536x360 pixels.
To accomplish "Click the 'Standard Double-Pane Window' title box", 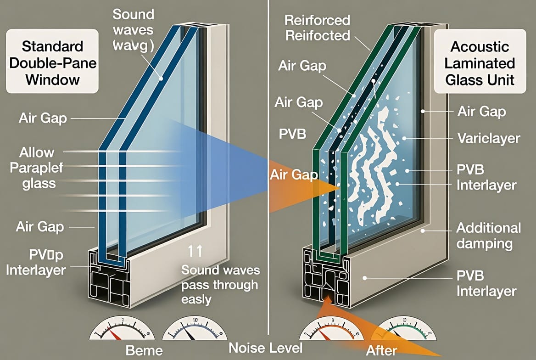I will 52,62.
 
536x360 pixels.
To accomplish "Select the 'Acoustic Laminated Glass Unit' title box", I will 480,62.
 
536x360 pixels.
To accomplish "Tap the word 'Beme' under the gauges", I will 144,351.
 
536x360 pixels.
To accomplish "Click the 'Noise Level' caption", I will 266,347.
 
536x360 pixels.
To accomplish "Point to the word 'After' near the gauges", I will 381,351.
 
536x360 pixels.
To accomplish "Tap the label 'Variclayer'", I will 488,138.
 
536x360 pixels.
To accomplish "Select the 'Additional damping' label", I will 488,235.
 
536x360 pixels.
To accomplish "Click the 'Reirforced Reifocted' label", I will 318,28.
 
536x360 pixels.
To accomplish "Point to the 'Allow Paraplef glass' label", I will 37,168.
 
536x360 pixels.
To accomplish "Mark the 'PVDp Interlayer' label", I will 36,262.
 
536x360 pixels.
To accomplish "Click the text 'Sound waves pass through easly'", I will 219,285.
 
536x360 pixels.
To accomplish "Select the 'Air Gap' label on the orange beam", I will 294,175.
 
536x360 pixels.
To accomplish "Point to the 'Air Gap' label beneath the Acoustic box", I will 482,111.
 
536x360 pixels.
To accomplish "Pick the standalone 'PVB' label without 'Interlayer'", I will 292,135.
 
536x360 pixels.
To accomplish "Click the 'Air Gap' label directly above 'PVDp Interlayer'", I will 40,226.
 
